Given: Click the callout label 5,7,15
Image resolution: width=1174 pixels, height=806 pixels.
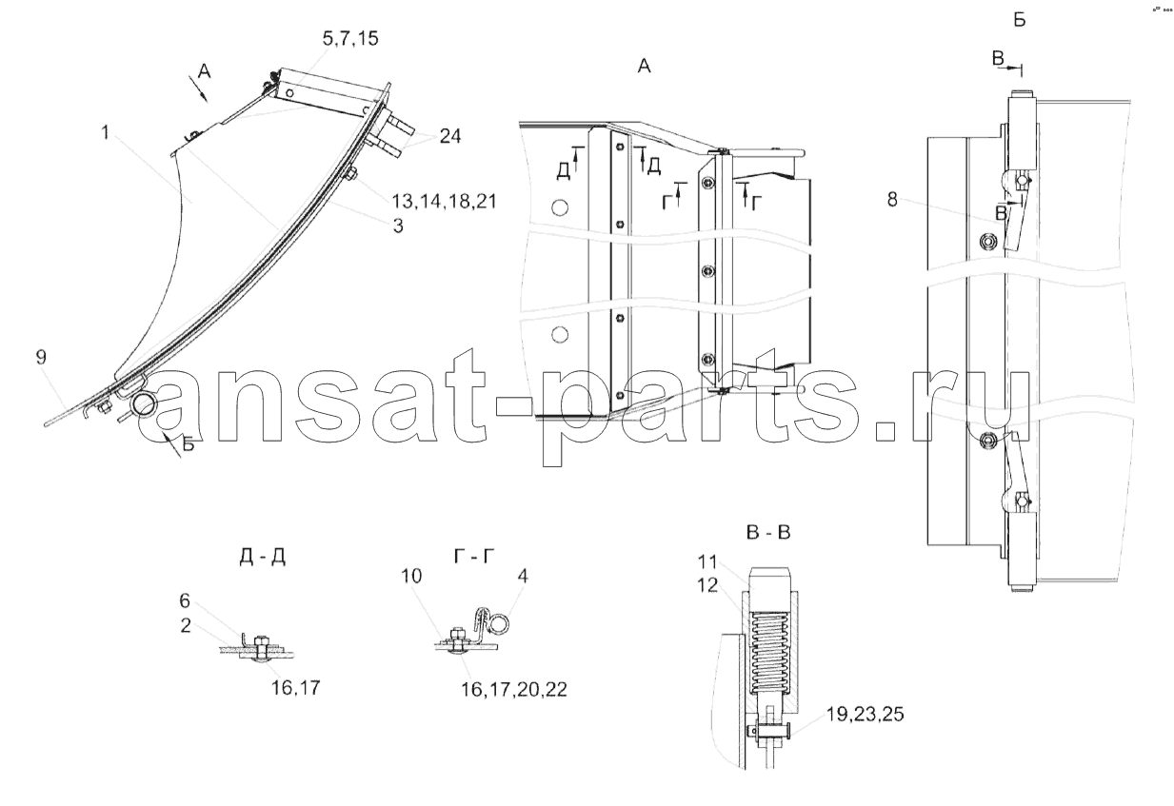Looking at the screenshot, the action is [350, 39].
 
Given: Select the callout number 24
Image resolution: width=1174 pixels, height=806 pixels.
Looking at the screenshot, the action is [449, 136].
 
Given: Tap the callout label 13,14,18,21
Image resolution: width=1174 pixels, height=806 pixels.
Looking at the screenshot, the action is [444, 202].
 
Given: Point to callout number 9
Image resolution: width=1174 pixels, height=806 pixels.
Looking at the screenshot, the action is [41, 357].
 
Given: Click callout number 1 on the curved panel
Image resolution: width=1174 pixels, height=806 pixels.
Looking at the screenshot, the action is [106, 132].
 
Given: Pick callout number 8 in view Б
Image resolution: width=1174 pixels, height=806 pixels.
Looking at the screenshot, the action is [892, 199].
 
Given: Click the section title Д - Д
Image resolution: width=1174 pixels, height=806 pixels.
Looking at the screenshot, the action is [263, 558].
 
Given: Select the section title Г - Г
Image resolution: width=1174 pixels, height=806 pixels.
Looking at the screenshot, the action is [474, 556].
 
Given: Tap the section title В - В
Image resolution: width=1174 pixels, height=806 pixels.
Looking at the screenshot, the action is [767, 533].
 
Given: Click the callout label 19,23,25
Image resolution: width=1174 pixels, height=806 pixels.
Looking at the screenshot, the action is [865, 715].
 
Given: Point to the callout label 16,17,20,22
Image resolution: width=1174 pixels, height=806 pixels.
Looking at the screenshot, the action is [513, 690].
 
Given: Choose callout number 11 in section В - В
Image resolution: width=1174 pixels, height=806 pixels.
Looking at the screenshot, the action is [707, 562].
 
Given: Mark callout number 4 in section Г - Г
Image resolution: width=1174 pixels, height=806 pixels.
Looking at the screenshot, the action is [523, 576].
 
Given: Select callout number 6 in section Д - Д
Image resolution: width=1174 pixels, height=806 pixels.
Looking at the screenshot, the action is [185, 600].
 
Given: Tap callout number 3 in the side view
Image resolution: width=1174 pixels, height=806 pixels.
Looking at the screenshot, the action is [398, 226].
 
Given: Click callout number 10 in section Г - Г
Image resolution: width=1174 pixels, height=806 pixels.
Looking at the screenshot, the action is [411, 576].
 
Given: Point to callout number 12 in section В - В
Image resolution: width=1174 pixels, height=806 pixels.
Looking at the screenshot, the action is [707, 585].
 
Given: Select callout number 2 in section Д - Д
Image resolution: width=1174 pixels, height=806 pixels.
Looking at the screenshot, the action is [186, 625].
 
